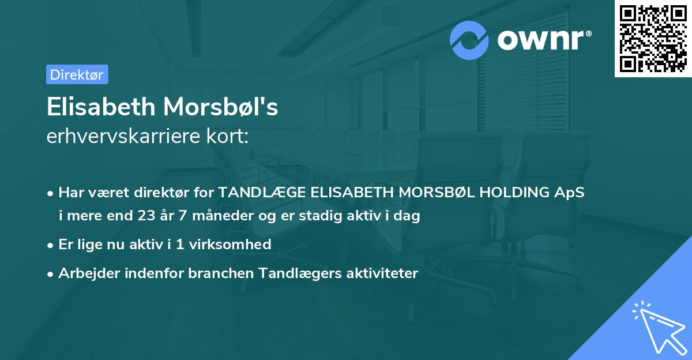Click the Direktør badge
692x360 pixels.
pyautogui.click(x=77, y=74)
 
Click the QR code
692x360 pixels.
pyautogui.click(x=653, y=38)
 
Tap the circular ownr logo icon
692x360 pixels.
pyautogui.click(x=469, y=40)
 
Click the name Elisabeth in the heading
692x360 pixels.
pyautogui.click(x=101, y=107)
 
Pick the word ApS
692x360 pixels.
pyautogui.click(x=570, y=193)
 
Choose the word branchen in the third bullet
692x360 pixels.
pyautogui.click(x=216, y=273)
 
